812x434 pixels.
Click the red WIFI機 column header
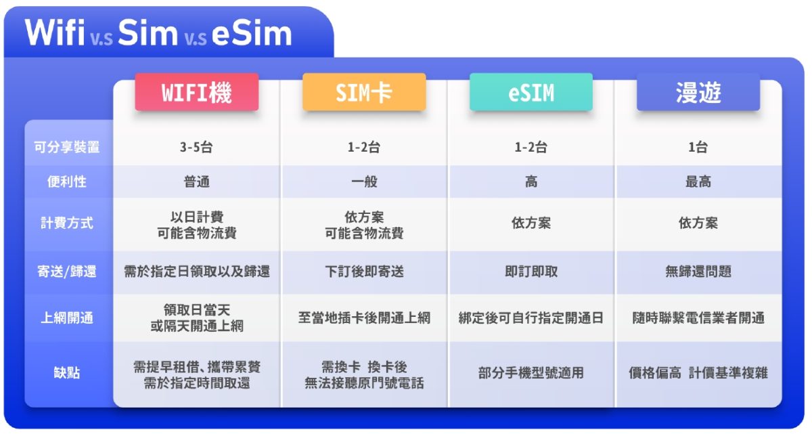(x=196, y=92)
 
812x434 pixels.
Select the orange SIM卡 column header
(x=364, y=92)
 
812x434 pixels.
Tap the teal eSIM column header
(x=531, y=92)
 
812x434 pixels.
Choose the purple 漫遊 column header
(x=698, y=92)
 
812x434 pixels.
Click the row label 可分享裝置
(x=67, y=147)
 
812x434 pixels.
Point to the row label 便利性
(x=67, y=181)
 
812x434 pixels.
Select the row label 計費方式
(x=67, y=223)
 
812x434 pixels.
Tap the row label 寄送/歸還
(x=67, y=272)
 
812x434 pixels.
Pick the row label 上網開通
(x=67, y=318)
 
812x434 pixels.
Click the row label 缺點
(x=67, y=372)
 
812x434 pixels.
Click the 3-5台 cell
(x=196, y=147)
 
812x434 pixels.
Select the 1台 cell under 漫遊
(x=698, y=147)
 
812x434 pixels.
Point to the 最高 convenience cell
(x=698, y=181)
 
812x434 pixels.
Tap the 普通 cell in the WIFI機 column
(x=196, y=181)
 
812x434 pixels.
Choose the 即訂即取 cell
(x=531, y=272)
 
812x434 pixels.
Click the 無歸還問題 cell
(x=698, y=272)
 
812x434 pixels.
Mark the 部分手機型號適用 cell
(x=531, y=372)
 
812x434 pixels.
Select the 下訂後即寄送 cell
(x=364, y=272)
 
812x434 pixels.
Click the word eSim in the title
(x=252, y=33)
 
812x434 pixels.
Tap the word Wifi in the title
(x=55, y=32)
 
